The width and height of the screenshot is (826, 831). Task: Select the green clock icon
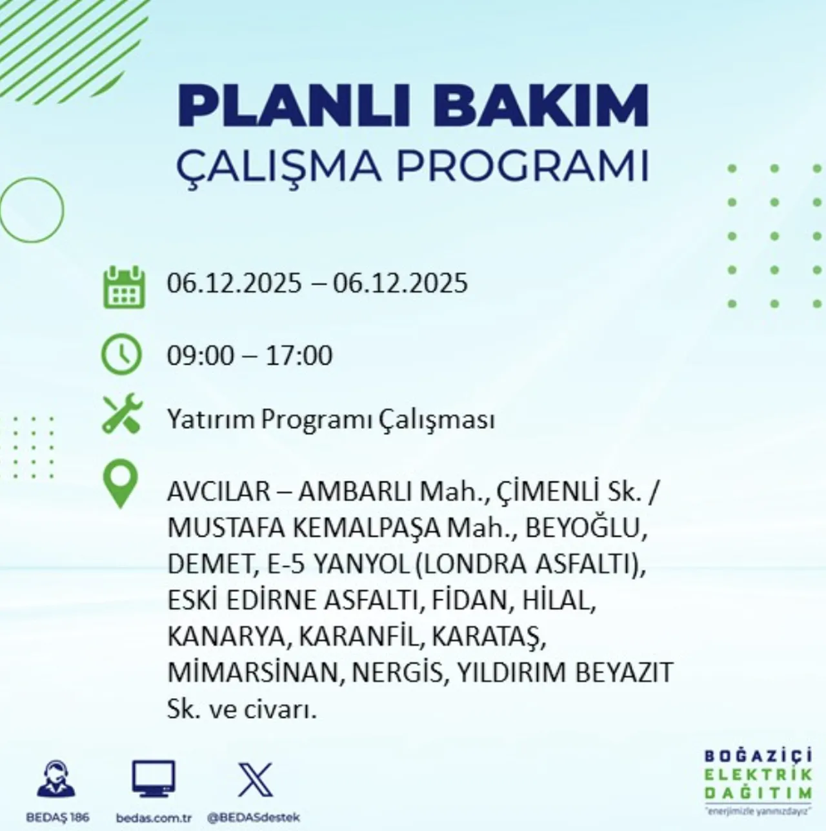[121, 355]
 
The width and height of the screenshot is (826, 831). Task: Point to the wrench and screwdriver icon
[122, 414]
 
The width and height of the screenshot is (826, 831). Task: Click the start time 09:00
[201, 355]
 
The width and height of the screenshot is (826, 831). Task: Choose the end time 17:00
[299, 355]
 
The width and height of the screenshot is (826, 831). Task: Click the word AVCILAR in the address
[219, 492]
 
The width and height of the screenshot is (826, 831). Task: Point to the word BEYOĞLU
[585, 528]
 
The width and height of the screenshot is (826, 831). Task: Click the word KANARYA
[225, 637]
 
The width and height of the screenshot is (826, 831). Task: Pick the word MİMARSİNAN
[252, 673]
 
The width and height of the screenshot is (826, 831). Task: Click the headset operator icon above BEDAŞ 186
[56, 779]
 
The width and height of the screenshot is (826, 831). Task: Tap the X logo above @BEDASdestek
[256, 779]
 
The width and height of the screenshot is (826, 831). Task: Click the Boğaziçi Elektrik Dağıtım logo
[758, 779]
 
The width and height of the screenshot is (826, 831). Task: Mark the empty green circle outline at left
[31, 210]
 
